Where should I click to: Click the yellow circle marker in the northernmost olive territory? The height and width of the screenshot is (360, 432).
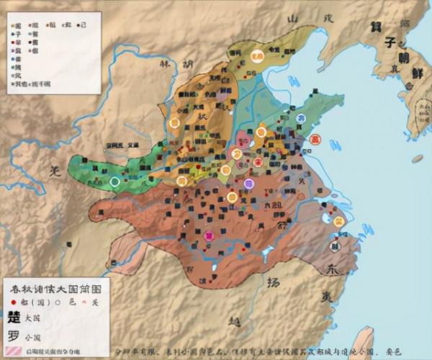[257, 55]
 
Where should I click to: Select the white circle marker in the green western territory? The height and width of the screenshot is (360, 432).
[114, 181]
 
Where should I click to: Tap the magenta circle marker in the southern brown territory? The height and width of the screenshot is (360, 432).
[209, 235]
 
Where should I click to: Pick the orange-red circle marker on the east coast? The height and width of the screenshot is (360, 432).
[313, 139]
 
